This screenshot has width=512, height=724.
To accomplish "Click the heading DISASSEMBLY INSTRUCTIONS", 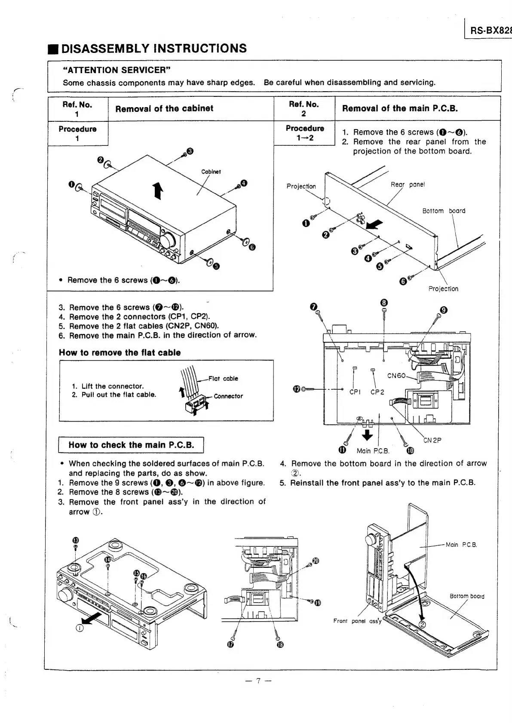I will (154, 48).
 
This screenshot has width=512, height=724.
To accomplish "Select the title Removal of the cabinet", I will (164, 108).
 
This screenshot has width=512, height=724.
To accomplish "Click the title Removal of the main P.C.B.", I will (400, 108).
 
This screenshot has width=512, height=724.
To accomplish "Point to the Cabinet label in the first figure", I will (211, 172).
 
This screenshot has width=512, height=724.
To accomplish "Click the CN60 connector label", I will (396, 376).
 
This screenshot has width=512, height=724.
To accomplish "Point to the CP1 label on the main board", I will (355, 392).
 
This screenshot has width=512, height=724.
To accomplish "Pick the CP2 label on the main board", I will (377, 392).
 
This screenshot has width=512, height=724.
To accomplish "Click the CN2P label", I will (432, 440).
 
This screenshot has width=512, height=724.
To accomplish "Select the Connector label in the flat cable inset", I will (228, 396).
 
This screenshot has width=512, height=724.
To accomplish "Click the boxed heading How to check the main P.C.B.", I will (131, 445).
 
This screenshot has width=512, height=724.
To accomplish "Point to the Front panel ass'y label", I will (357, 621).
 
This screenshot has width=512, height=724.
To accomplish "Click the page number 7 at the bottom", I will (258, 681).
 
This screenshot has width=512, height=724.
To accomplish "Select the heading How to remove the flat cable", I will (120, 353).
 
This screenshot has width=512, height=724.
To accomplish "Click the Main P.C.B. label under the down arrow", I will (373, 451).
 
